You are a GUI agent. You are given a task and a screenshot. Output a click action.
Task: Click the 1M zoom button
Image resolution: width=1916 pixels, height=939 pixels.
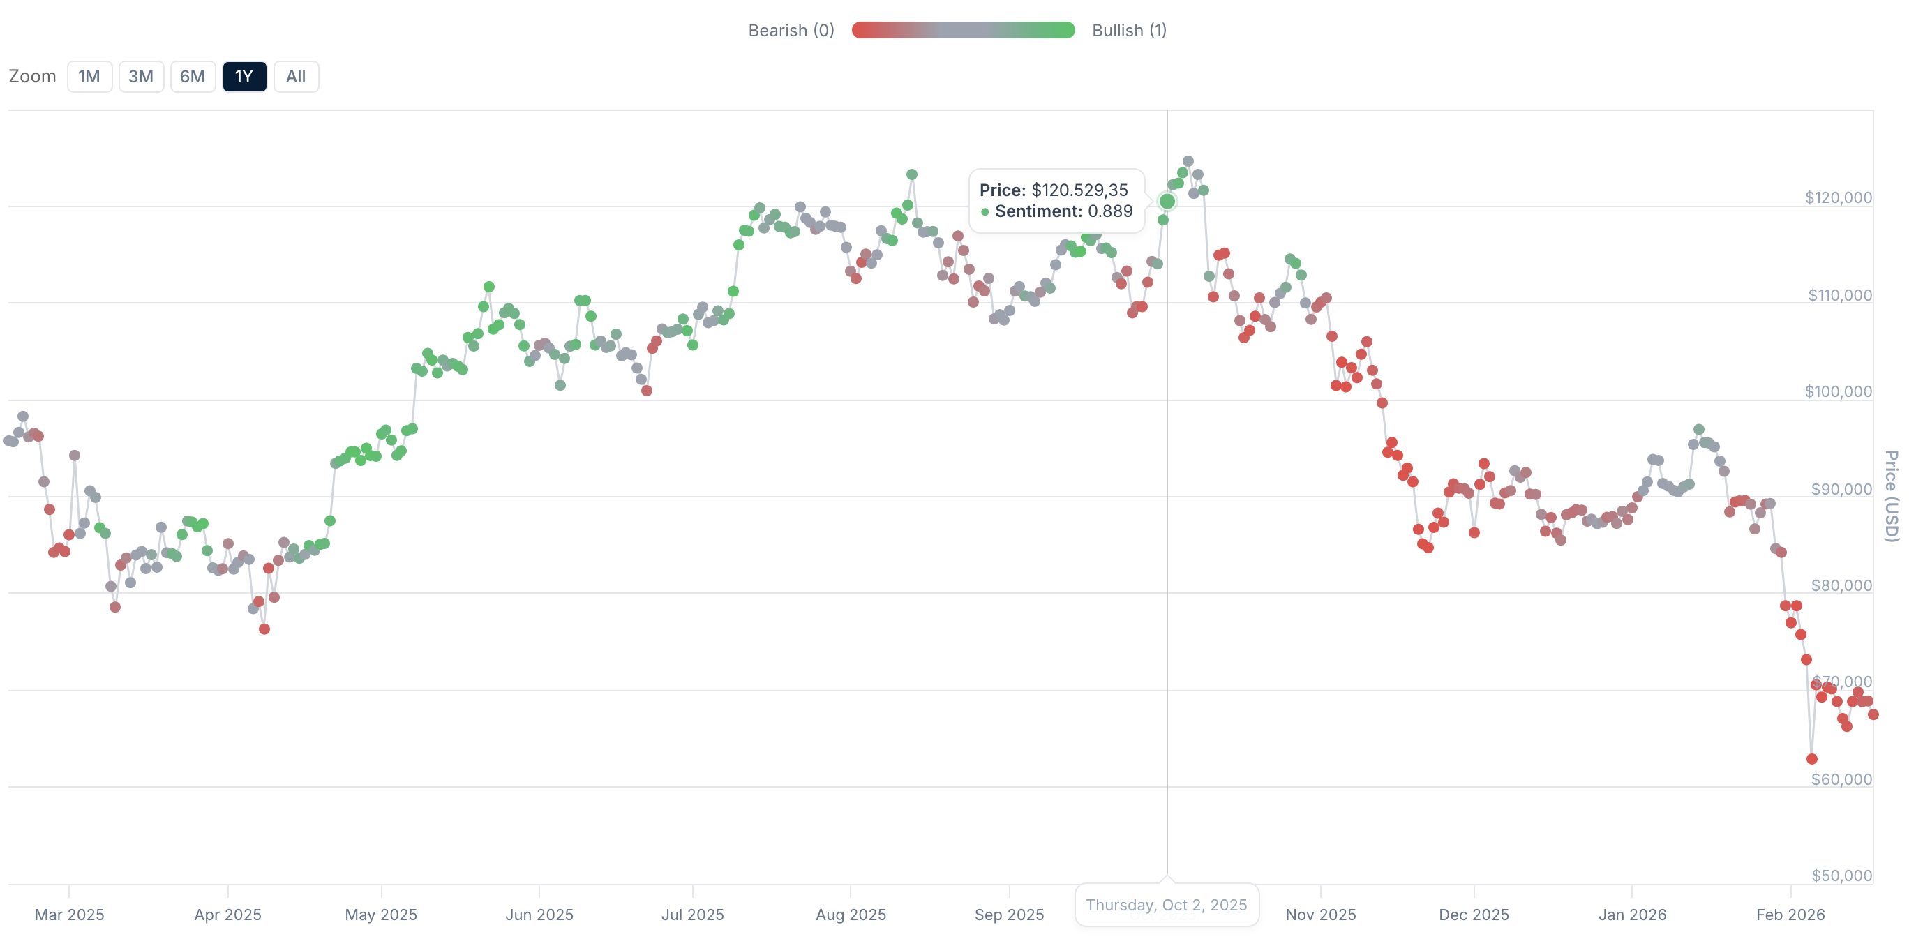pyautogui.click(x=89, y=77)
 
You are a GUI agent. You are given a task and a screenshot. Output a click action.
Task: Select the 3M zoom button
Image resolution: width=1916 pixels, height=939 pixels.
pyautogui.click(x=140, y=77)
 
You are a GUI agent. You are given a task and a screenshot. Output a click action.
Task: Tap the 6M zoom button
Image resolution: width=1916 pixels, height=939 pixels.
pyautogui.click(x=193, y=77)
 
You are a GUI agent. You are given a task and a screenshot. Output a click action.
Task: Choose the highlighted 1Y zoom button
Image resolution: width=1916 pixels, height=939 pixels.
pyautogui.click(x=244, y=77)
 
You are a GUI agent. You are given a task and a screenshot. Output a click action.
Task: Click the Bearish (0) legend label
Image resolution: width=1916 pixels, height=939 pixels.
pyautogui.click(x=791, y=31)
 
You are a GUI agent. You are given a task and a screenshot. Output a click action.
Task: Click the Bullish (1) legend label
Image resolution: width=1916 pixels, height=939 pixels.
pyautogui.click(x=1128, y=31)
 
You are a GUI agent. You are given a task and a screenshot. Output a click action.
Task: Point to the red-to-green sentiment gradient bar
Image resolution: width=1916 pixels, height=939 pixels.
pyautogui.click(x=962, y=31)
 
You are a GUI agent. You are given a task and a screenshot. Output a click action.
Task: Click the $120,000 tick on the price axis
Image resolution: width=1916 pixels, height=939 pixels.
pyautogui.click(x=1837, y=197)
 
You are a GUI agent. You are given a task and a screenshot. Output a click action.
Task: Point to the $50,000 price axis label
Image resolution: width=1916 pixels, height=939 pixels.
pyautogui.click(x=1841, y=875)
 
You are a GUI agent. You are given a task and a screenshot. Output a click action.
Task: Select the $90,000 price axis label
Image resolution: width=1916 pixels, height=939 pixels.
pyautogui.click(x=1841, y=489)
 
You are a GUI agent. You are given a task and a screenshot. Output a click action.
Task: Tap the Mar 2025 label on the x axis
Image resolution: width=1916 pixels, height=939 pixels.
pyautogui.click(x=69, y=915)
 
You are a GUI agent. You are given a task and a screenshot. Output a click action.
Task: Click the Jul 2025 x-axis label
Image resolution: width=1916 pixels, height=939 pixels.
pyautogui.click(x=692, y=915)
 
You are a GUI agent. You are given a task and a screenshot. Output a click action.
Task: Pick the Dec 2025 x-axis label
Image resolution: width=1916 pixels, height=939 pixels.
pyautogui.click(x=1474, y=915)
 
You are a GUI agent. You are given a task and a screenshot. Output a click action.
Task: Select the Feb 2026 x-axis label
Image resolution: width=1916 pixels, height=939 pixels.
pyautogui.click(x=1790, y=915)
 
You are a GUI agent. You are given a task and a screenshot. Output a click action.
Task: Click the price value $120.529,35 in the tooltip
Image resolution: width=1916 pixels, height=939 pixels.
pyautogui.click(x=1079, y=190)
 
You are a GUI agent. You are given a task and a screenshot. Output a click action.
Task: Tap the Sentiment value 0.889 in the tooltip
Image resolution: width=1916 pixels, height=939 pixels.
pyautogui.click(x=1109, y=211)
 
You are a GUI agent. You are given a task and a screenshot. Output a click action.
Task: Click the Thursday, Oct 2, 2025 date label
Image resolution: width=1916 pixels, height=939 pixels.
pyautogui.click(x=1165, y=905)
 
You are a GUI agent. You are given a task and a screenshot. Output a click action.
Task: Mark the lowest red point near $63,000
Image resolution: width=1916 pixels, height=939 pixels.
pyautogui.click(x=1811, y=759)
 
